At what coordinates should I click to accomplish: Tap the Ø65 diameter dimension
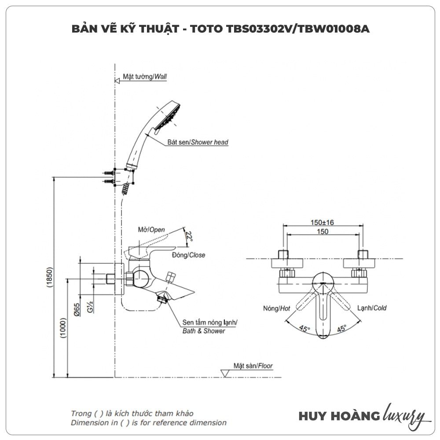[x=77, y=310]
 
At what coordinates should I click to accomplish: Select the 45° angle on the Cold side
[x=341, y=328]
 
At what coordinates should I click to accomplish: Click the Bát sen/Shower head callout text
[x=198, y=143]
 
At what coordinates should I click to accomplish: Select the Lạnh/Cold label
[x=372, y=308]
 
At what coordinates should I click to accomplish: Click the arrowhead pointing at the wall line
[x=117, y=81]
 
